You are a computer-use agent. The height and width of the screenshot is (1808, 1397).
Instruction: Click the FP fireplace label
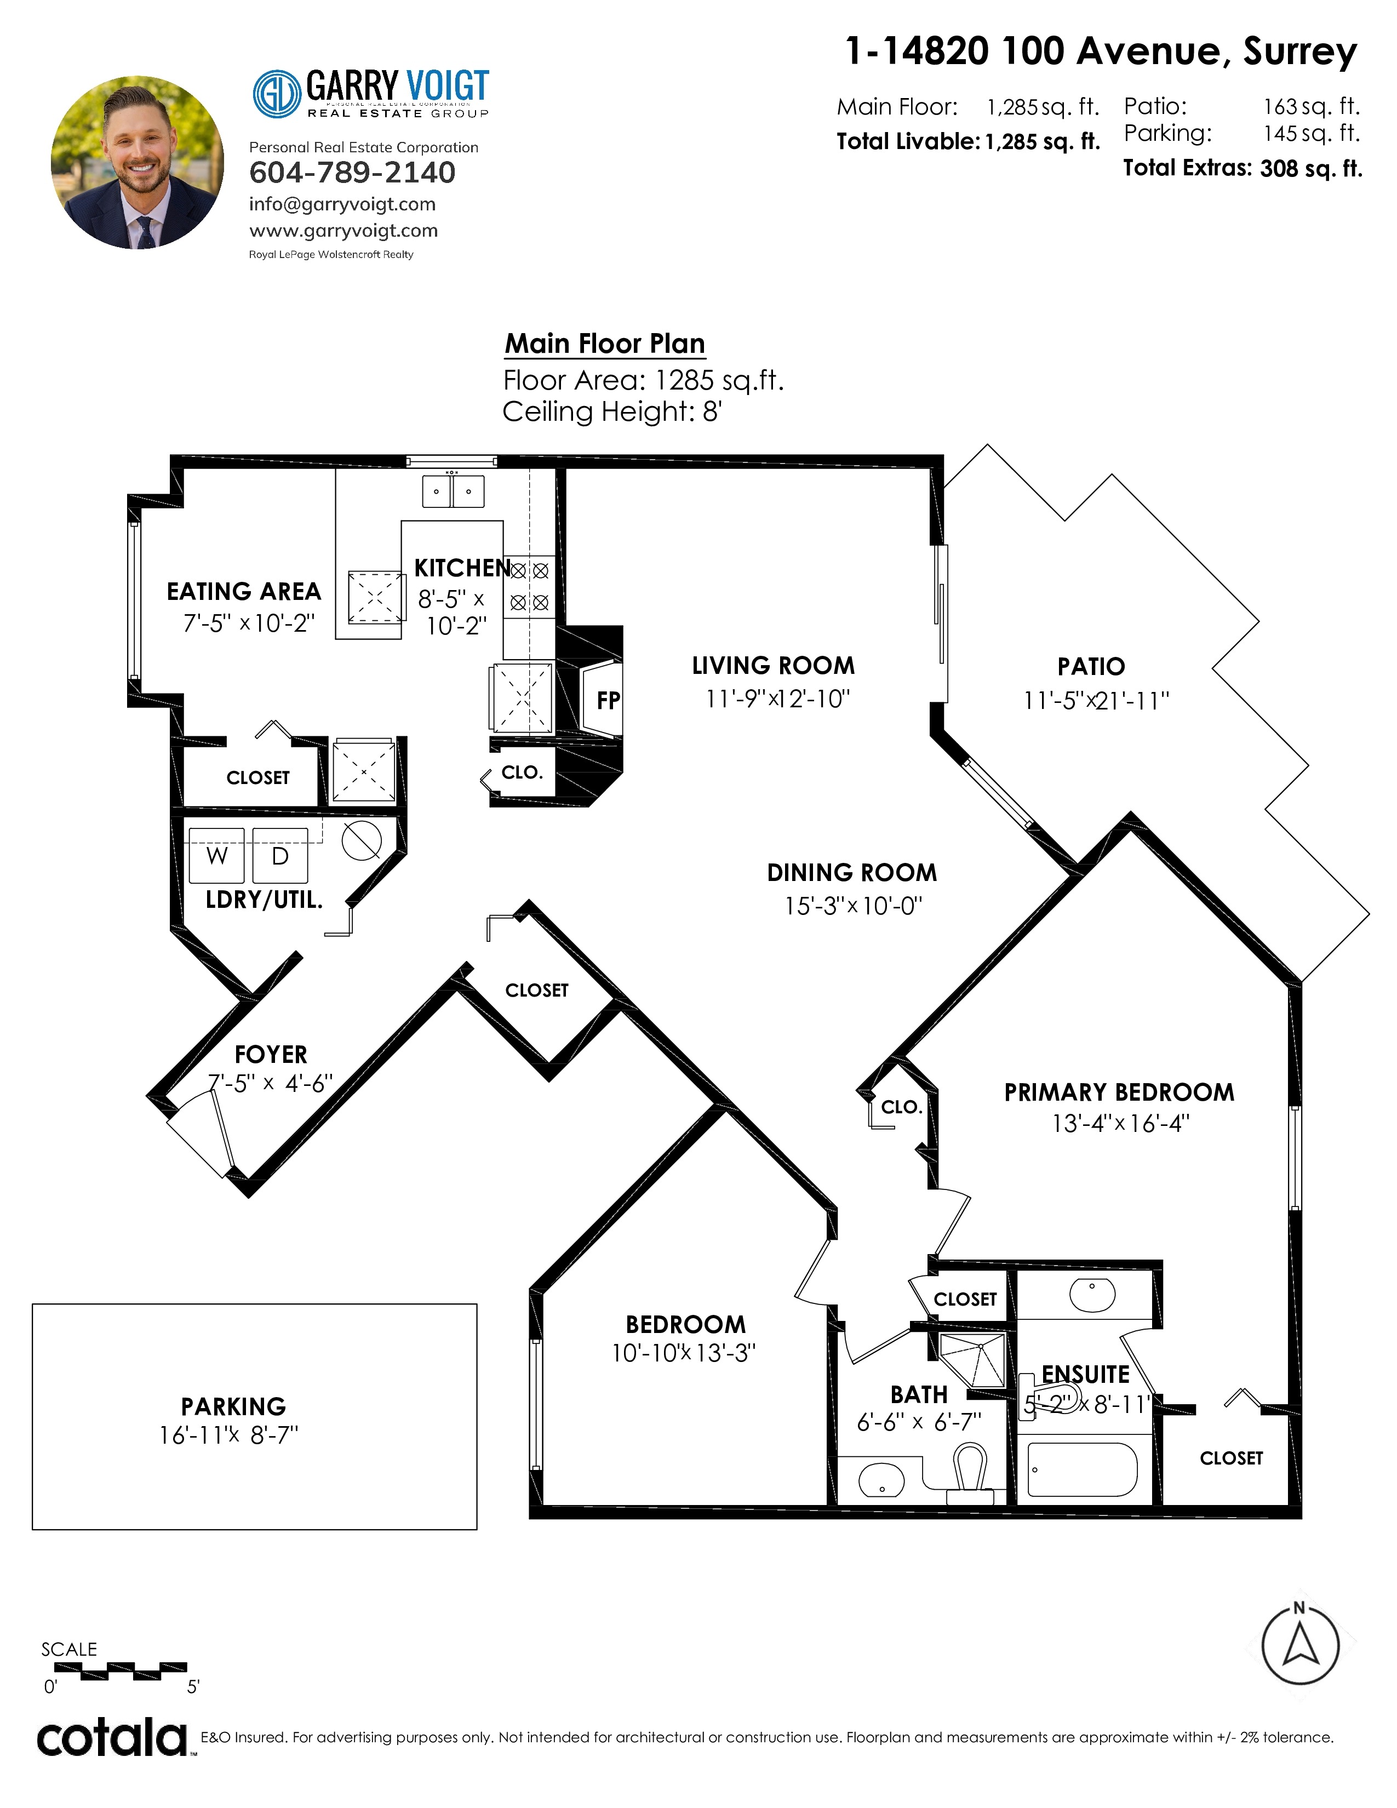608,700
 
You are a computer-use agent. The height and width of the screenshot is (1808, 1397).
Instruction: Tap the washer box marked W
217,855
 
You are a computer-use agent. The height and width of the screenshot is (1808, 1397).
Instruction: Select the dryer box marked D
280,855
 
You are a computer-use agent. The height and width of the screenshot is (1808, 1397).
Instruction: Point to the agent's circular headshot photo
138,162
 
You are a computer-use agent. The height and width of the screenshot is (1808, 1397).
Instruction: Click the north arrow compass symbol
1300,1645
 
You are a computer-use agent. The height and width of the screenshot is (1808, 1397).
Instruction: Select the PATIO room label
1091,666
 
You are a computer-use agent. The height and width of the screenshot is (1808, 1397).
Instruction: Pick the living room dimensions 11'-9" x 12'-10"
777,699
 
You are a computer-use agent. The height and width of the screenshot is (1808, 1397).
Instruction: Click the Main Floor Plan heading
605,343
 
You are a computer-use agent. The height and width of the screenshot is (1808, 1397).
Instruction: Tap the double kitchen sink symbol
453,491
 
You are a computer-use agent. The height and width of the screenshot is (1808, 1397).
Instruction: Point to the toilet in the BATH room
970,1474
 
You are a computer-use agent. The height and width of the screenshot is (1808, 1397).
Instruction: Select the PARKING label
233,1406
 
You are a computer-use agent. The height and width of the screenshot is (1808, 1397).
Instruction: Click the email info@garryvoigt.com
342,204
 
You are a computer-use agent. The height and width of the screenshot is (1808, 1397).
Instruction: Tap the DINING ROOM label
851,873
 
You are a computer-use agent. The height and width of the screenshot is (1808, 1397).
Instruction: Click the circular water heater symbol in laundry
362,841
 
